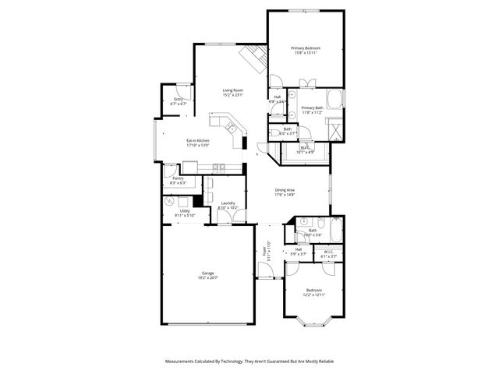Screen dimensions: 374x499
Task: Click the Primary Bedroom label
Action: [x=306, y=48]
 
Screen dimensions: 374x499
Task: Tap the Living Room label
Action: [x=233, y=90]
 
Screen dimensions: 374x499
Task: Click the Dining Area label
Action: [x=285, y=189]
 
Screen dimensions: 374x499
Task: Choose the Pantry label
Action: [x=178, y=178]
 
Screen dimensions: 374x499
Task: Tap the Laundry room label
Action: [x=227, y=203]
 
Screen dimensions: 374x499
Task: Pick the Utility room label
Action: [x=185, y=210]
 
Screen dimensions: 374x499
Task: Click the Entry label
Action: [x=179, y=99]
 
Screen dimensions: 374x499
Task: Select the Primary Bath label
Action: [x=312, y=108]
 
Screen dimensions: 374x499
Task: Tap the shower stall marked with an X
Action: [x=335, y=126]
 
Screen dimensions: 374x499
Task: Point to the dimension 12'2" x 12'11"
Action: [x=310, y=295]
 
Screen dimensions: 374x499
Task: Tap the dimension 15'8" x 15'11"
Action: [x=306, y=53]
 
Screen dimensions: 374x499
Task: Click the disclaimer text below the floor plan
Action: [x=249, y=362]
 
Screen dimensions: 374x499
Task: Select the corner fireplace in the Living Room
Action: [x=254, y=57]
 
